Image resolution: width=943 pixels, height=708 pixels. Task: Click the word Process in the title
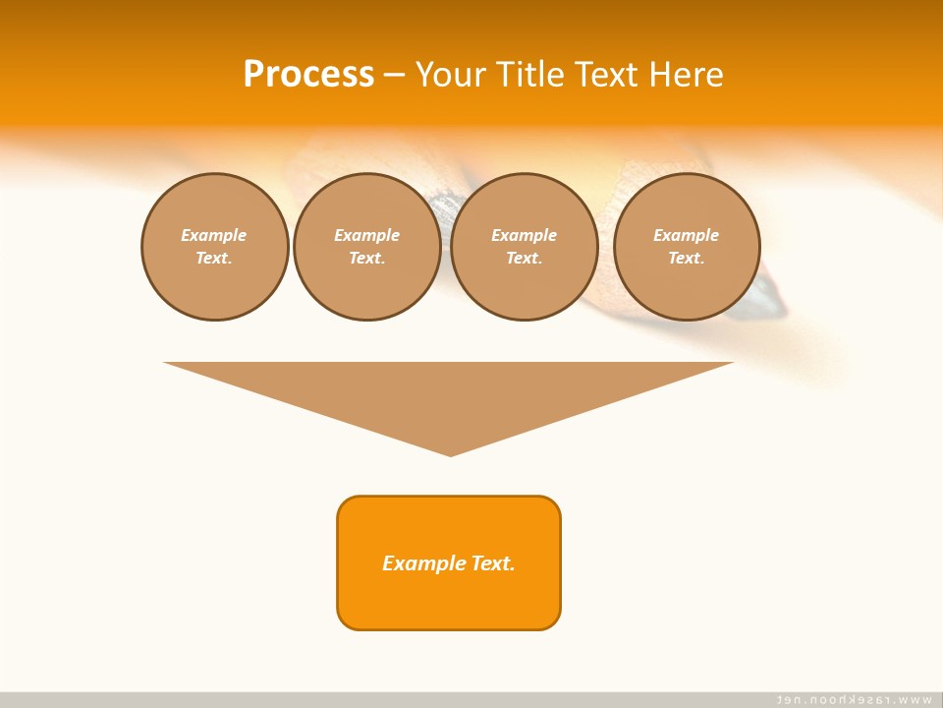(308, 74)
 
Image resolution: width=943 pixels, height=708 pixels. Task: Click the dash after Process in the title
(394, 75)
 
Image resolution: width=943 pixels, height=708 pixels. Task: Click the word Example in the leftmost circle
(214, 235)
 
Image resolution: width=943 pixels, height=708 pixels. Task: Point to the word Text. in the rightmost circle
(687, 258)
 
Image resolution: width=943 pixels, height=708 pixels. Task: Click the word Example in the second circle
(367, 235)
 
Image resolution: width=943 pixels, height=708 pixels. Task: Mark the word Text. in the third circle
(525, 258)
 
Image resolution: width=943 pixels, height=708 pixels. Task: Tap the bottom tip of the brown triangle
(450, 453)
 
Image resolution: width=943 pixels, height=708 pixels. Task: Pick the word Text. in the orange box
(493, 563)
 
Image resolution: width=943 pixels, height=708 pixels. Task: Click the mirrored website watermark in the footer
(855, 699)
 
